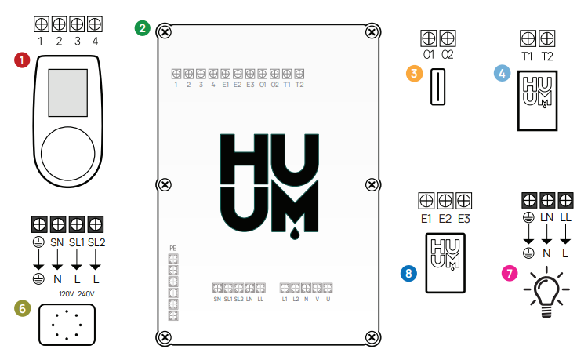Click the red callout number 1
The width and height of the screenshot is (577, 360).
(x=21, y=59)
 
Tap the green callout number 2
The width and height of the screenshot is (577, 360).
(x=141, y=27)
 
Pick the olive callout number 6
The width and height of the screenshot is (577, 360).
(x=21, y=308)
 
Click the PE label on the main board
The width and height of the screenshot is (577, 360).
(x=173, y=248)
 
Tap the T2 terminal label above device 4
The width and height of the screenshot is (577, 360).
(x=547, y=56)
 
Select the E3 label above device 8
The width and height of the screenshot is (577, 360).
(x=464, y=218)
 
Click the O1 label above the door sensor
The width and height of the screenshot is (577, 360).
(x=428, y=56)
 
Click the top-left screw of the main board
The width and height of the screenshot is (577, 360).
(x=164, y=32)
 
